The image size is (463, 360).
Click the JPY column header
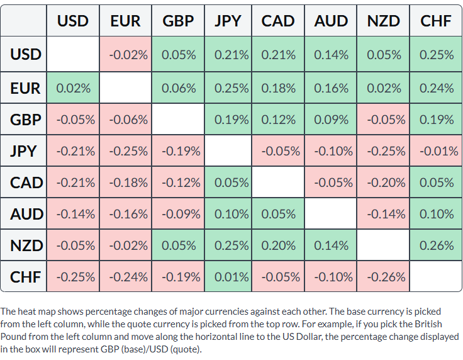tap(228, 21)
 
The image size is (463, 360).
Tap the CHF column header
tap(436, 21)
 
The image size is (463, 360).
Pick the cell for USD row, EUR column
tap(125, 54)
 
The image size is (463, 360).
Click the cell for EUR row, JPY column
tap(228, 87)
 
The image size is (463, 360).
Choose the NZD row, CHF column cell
tap(436, 245)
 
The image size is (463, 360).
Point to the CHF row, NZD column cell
tap(383, 277)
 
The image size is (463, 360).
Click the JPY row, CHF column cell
tap(436, 151)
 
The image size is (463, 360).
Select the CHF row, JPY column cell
tap(228, 277)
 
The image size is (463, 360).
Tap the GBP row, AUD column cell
tap(331, 120)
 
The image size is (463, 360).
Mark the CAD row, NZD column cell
tap(383, 183)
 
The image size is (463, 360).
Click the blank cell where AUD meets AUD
tap(331, 214)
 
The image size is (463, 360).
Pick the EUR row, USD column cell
tap(73, 87)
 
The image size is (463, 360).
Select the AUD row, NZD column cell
tap(383, 214)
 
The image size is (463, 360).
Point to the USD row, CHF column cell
tap(436, 54)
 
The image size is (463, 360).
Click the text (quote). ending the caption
tap(186, 349)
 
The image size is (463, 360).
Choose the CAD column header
tap(278, 21)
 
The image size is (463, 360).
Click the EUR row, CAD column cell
tap(278, 87)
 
